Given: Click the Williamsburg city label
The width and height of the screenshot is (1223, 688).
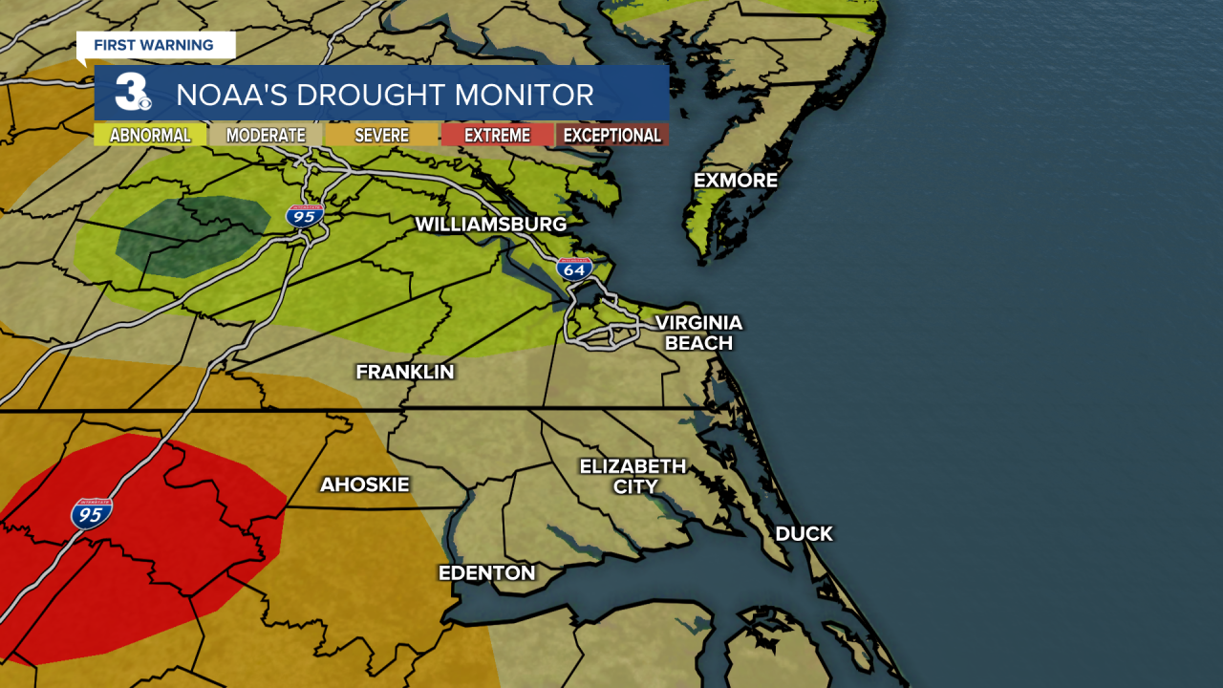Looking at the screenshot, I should pos(490,225).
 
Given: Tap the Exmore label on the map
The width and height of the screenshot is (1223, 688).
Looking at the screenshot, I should pos(736,181).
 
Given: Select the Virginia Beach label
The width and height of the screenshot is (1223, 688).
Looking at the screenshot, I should pos(698,333).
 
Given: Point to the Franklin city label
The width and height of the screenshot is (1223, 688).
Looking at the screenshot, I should pos(405,372).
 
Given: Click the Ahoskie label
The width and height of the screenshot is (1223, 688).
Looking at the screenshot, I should pos(364,484).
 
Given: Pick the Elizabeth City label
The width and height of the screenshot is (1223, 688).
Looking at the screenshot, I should pos(633,476).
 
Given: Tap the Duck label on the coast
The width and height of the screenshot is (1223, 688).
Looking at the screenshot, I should pos(804,534).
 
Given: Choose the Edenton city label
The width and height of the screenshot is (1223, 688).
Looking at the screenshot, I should pos(486,573).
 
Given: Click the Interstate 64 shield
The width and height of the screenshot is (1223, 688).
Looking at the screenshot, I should pos(574,269).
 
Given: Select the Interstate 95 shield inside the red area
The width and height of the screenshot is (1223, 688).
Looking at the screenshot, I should pos(91,513).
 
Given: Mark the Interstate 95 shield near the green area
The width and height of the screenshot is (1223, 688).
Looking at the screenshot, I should pos(305,215).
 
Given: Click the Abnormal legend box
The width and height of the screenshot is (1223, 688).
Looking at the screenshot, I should pos(150,136).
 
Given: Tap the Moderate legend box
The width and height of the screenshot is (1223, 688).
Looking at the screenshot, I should pos(266,136).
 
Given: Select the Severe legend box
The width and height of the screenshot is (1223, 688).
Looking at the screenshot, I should pos(381,136).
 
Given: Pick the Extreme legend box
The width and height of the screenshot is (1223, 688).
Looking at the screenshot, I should pos(497,136).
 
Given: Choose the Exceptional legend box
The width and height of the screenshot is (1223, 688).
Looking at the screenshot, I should pos(611,136).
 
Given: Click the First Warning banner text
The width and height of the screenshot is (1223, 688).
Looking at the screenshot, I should pos(153,45).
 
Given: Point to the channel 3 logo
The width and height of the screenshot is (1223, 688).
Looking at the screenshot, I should pos(131,93).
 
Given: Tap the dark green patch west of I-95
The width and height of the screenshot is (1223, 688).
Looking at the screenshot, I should pos(191,235).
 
